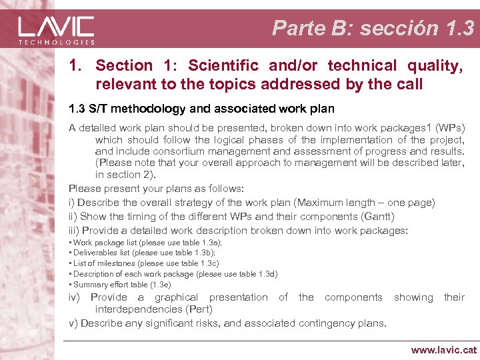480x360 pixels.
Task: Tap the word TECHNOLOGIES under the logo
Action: pos(56,42)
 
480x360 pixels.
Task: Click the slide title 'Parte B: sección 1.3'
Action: pos(373,28)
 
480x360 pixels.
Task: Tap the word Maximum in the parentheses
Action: pos(324,202)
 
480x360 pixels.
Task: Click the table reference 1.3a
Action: pos(210,243)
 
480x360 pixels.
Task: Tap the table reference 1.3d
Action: pos(266,273)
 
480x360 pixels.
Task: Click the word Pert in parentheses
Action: pos(200,309)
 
